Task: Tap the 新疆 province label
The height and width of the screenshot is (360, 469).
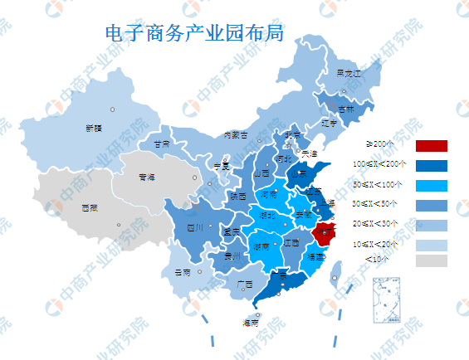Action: click(94, 128)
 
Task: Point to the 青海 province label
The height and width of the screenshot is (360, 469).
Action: click(147, 177)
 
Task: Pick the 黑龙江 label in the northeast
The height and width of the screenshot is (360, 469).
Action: click(349, 73)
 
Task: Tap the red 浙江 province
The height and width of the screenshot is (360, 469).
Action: click(328, 232)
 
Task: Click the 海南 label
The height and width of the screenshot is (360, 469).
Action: click(249, 323)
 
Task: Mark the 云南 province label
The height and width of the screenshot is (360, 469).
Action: click(183, 272)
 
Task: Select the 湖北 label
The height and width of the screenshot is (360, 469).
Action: click(268, 215)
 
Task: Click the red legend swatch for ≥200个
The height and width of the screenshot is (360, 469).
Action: click(431, 146)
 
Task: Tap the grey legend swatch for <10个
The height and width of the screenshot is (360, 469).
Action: click(431, 260)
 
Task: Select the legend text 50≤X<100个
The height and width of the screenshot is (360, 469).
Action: click(378, 184)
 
